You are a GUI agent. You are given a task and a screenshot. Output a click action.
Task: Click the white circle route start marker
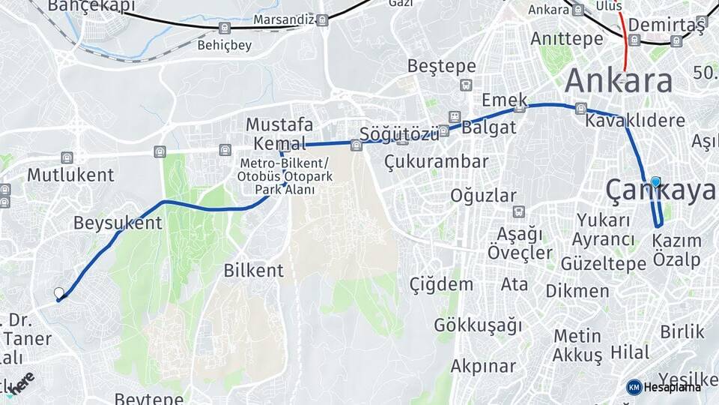(x=59, y=292)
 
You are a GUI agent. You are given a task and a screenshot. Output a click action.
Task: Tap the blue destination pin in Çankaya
(x=656, y=182)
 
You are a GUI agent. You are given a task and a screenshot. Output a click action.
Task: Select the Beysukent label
(x=118, y=223)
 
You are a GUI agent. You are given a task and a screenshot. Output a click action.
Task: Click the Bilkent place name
(x=254, y=271)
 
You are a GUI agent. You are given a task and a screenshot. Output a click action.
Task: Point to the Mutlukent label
(x=71, y=175)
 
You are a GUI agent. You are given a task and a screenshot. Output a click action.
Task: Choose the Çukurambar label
(x=436, y=161)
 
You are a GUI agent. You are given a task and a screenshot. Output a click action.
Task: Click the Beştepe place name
(x=441, y=66)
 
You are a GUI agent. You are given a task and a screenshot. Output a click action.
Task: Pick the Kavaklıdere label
(x=635, y=121)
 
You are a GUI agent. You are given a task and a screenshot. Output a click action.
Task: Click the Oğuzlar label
(x=484, y=196)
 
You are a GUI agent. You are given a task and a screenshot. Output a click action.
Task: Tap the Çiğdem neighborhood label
(x=441, y=284)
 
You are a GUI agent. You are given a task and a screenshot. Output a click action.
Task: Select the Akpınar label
(x=483, y=367)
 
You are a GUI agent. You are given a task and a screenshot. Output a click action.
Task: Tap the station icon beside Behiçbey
(x=224, y=28)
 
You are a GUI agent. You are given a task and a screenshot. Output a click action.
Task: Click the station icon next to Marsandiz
(x=322, y=20)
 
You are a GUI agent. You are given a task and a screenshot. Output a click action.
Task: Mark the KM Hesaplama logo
(x=664, y=387)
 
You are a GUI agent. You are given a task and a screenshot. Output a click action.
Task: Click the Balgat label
(x=489, y=127)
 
